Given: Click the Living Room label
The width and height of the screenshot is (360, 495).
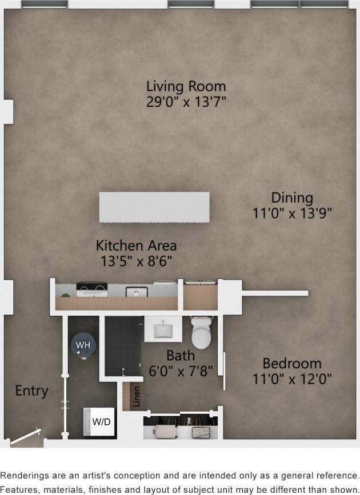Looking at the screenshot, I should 186,87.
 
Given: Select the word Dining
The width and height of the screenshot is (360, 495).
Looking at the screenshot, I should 292,198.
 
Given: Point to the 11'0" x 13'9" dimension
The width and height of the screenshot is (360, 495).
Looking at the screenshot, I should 292,213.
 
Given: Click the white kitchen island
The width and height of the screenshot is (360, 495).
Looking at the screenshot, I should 154,207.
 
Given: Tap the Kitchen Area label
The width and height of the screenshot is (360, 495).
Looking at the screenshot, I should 136,246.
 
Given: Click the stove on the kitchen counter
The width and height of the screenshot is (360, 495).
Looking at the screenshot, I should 91,289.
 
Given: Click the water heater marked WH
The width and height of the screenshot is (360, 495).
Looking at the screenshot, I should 83,345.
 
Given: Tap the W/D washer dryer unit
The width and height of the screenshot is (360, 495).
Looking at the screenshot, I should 98,422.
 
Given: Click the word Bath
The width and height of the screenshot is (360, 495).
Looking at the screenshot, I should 180,356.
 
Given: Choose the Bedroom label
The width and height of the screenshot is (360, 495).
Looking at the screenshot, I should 291,363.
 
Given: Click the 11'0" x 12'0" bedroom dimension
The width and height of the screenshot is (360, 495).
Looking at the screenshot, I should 291,378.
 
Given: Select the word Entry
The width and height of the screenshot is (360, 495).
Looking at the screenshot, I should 31,391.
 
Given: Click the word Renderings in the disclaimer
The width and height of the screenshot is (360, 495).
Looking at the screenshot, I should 25,475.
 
